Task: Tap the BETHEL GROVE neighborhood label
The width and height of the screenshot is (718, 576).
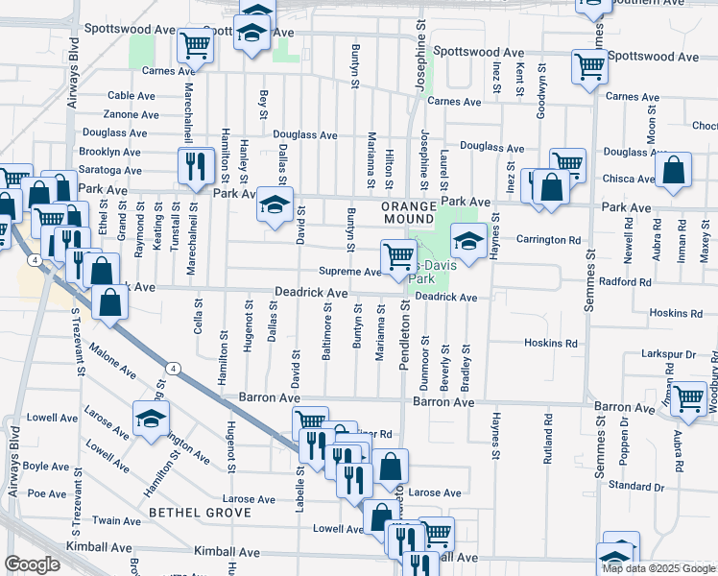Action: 200,514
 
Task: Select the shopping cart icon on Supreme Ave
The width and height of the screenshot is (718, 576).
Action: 398,256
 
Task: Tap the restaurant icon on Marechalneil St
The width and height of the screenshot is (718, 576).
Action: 196,164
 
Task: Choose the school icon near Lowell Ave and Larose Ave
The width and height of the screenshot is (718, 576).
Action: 151,419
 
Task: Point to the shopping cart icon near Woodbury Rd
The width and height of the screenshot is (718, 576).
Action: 689,397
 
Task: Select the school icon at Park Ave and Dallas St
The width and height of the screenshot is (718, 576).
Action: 275,204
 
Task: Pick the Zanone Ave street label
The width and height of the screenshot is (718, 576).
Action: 131,115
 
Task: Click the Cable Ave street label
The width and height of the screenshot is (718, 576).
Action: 132,96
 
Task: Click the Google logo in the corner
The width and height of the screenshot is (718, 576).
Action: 32,564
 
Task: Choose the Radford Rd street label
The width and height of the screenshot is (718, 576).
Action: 624,283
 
